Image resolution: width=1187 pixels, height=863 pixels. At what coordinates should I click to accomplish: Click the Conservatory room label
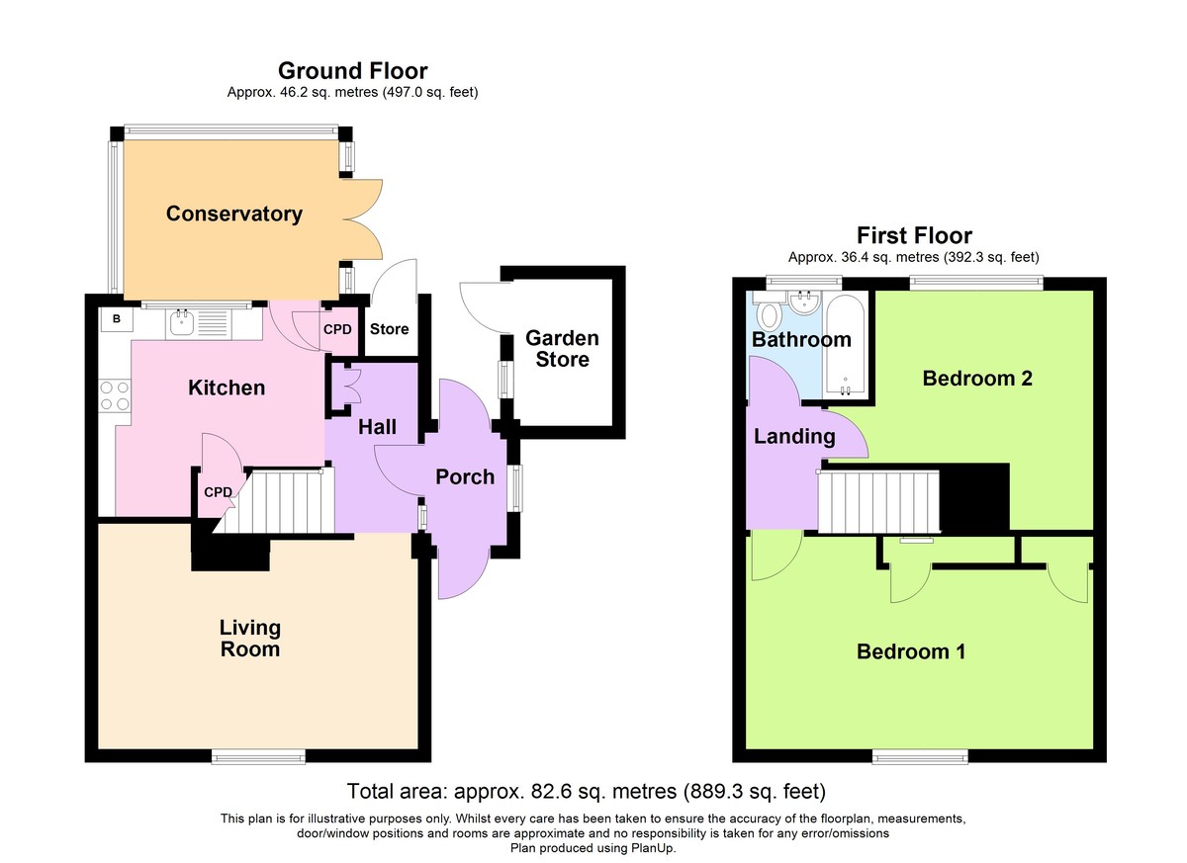[234, 214]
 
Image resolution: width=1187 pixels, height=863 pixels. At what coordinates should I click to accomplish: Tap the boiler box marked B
[117, 319]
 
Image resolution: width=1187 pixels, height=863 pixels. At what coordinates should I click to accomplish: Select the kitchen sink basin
[182, 322]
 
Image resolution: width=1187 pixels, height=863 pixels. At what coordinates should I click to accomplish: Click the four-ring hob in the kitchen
[115, 395]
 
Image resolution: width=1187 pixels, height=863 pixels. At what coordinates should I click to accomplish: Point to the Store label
[389, 329]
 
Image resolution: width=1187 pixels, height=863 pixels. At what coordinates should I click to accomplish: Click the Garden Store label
[562, 349]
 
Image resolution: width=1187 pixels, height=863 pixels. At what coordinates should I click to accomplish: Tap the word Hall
[377, 427]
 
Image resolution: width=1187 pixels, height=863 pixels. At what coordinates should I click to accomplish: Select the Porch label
[465, 477]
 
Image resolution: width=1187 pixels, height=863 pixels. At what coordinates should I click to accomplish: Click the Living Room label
[250, 638]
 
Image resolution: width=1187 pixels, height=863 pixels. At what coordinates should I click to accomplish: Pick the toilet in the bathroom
[769, 313]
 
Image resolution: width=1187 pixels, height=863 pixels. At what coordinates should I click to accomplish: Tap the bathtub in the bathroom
[846, 345]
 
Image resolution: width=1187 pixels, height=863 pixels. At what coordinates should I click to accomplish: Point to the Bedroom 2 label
[977, 379]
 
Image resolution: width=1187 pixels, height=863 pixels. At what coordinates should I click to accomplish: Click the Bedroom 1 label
[911, 651]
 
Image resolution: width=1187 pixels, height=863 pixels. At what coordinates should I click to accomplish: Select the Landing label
[794, 437]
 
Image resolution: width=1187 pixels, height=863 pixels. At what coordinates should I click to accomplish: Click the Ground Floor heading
[353, 71]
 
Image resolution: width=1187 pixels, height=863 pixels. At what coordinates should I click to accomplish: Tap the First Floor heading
[914, 235]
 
